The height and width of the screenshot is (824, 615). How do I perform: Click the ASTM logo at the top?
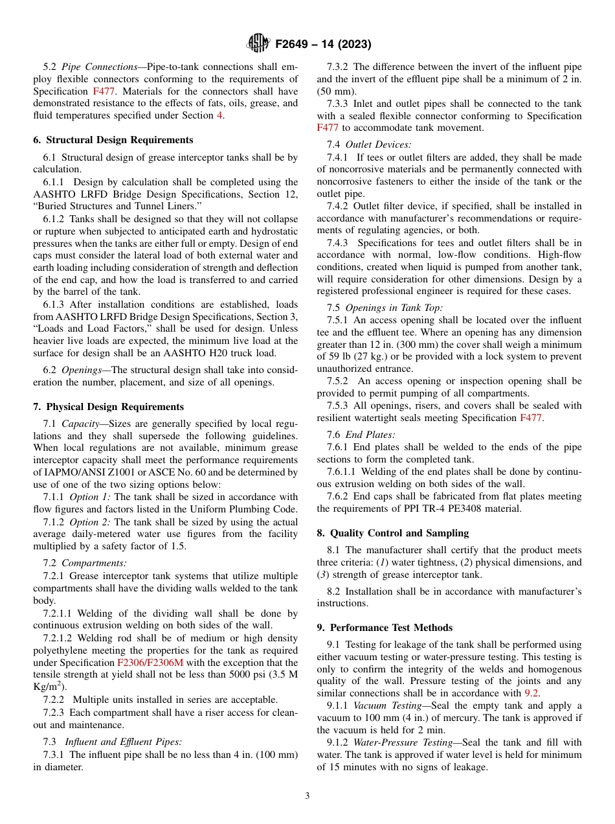point(258,43)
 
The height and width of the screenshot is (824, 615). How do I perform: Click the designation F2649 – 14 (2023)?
point(323,44)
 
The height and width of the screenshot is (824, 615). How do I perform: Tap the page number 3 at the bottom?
point(307,795)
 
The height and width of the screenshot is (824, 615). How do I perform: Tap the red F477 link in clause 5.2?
point(105,91)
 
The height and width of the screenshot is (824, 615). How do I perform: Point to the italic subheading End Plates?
point(370,435)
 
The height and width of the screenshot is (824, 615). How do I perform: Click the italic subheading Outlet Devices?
point(378,144)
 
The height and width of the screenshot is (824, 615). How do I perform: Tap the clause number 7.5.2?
point(337,382)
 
